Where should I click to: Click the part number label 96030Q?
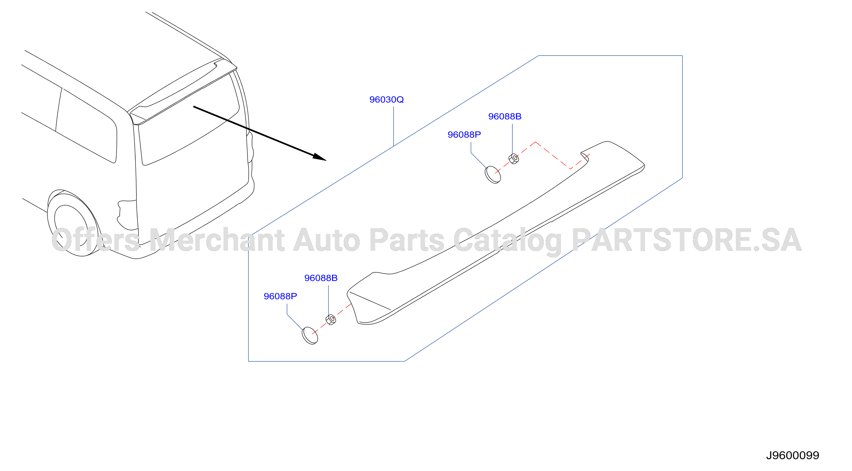(386, 100)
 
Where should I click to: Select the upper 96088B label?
(505, 116)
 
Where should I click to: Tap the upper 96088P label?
(464, 135)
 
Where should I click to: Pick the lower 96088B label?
(321, 278)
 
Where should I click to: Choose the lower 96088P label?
(280, 296)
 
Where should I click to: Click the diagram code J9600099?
(792, 455)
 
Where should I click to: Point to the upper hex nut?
(514, 159)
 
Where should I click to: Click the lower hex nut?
(331, 320)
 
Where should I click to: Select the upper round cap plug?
(493, 175)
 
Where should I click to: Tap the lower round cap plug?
(310, 335)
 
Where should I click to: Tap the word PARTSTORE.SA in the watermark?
(687, 240)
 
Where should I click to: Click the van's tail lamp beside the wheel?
(127, 215)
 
